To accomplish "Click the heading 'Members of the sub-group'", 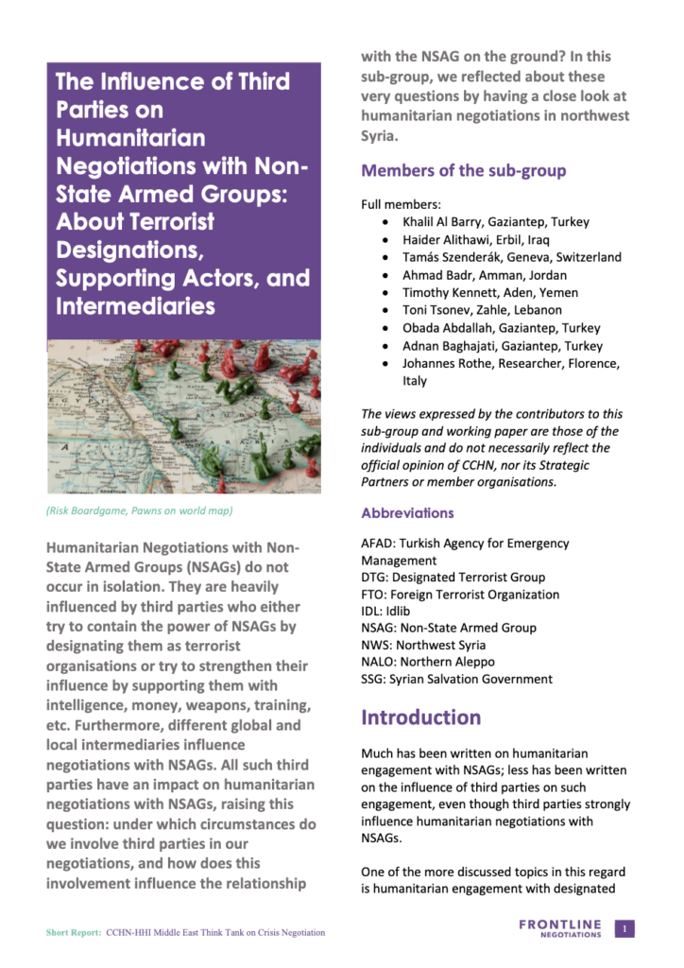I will (x=463, y=171).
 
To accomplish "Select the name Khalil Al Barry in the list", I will (x=442, y=222).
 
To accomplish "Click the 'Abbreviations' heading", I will (x=407, y=513).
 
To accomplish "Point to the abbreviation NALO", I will (x=379, y=662).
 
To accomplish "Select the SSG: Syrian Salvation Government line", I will (x=456, y=679).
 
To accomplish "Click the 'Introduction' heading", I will (x=421, y=717).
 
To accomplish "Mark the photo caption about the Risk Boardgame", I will (x=139, y=511).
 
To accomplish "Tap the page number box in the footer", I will (x=624, y=929).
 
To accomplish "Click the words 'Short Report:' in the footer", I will (x=73, y=933).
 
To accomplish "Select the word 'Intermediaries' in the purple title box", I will (x=135, y=307).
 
